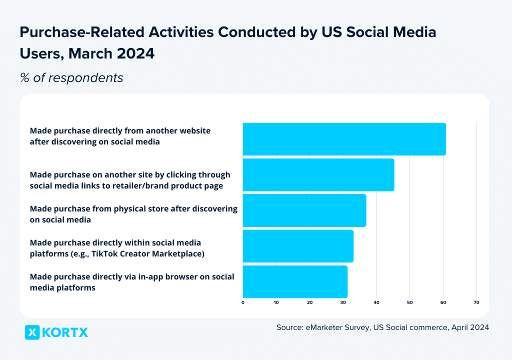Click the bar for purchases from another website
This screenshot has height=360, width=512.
344,139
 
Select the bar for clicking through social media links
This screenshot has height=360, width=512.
318,175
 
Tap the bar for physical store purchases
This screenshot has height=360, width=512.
304,210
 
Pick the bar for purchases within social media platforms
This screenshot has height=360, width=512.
298,246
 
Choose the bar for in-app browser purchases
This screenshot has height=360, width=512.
295,282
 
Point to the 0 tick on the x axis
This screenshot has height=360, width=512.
243,302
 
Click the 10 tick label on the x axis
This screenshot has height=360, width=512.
276,302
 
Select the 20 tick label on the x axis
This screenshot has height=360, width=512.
309,302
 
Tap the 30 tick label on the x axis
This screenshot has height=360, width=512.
343,302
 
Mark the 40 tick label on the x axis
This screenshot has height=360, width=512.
376,302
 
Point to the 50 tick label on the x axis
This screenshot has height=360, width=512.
409,302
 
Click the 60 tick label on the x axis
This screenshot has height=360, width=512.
443,302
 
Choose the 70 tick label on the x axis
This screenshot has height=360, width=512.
476,302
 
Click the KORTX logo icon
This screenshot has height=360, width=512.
32,332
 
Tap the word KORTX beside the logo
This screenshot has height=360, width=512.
65,332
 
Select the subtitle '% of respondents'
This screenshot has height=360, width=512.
71,78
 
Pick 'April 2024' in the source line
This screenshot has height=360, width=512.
470,327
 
